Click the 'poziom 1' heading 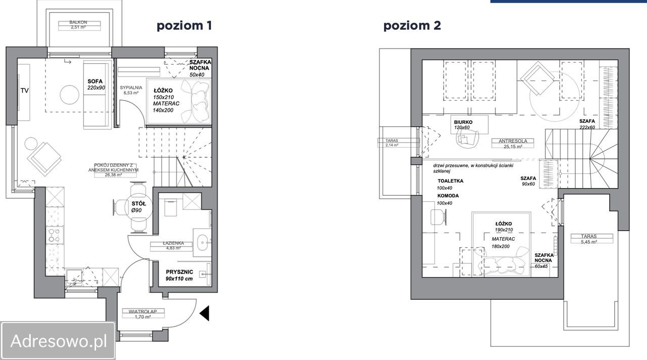click(184, 26)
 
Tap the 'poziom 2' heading click(412, 26)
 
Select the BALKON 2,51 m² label click(78, 25)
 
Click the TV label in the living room click(25, 91)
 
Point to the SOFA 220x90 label click(96, 84)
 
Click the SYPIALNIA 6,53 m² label click(131, 90)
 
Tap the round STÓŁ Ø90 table click(138, 207)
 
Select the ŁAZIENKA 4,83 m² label click(173, 246)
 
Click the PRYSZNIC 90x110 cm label click(179, 276)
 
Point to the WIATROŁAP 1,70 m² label click(143, 314)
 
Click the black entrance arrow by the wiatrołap click(205, 313)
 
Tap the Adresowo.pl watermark click(58, 341)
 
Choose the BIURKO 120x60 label click(463, 124)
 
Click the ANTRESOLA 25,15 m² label click(513, 144)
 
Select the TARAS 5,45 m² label click(589, 239)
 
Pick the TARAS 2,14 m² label click(392, 143)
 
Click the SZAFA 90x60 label click(528, 181)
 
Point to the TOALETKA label click(450, 181)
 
